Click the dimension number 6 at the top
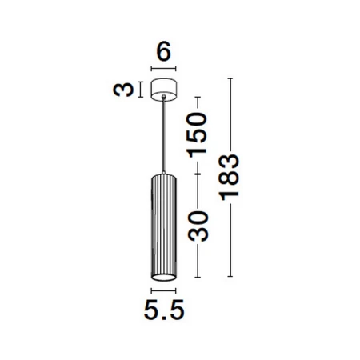(163, 51)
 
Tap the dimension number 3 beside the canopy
(123, 90)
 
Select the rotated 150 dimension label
(198, 135)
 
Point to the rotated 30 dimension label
(198, 226)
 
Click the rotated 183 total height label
(229, 177)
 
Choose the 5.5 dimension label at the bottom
(164, 310)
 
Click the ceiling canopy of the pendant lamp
(164, 90)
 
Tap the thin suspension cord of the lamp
(164, 135)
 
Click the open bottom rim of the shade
(164, 278)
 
